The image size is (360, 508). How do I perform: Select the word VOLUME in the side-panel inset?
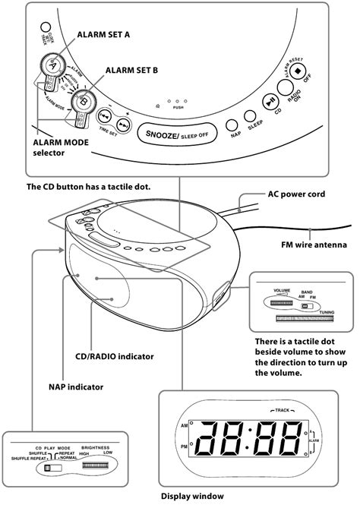click(283, 290)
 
